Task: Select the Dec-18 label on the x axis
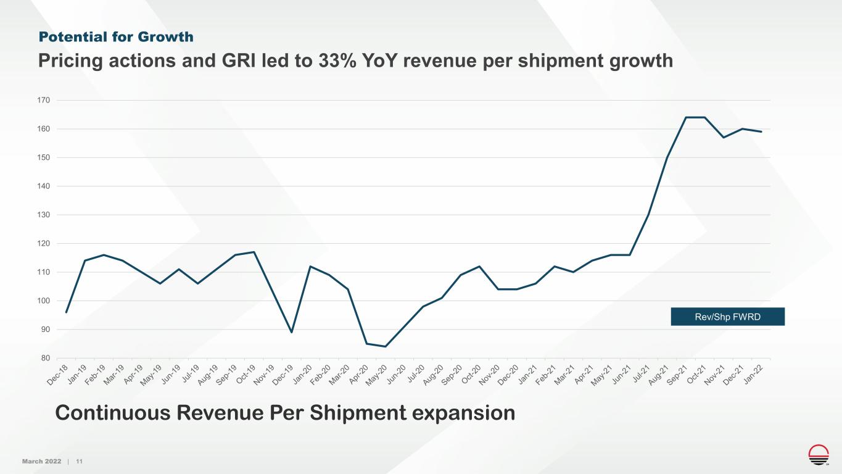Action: pos(59,374)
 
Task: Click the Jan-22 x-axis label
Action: pos(763,374)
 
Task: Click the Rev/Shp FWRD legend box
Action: pos(727,317)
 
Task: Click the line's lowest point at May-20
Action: pos(386,346)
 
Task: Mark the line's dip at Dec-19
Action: pos(292,332)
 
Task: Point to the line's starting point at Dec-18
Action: pos(66,312)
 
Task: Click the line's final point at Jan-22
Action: pos(761,131)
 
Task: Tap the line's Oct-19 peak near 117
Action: pos(254,252)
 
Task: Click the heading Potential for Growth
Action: pos(116,37)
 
